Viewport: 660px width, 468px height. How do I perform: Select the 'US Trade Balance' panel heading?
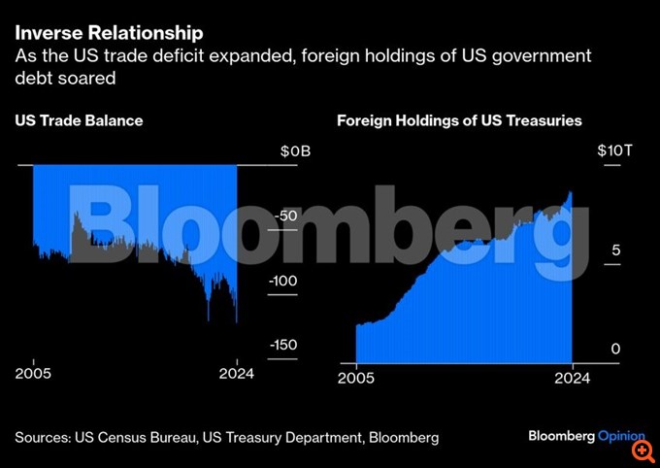[x=79, y=121]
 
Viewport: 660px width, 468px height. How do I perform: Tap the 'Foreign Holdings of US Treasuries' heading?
[x=459, y=121]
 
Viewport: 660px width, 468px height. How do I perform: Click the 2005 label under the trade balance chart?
[x=33, y=374]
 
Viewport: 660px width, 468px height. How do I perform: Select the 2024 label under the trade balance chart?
[x=236, y=374]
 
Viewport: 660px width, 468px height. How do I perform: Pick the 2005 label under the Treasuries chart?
[x=356, y=381]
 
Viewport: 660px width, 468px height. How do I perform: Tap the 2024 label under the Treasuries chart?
[x=572, y=381]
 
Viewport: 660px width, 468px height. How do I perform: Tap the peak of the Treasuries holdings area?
[x=571, y=193]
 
